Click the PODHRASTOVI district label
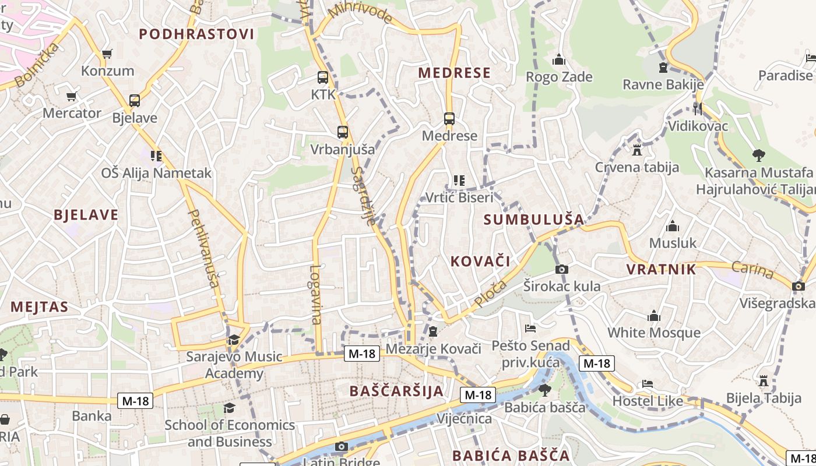coord(197,34)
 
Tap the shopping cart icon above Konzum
coord(107,54)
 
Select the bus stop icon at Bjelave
coord(135,101)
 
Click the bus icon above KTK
coord(323,77)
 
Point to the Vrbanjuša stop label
coord(342,149)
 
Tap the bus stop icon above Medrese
coord(449,119)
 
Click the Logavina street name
coord(316,294)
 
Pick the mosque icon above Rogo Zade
coord(559,59)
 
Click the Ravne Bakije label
coord(663,85)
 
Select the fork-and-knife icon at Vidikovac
coord(698,108)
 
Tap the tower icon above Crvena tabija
coord(637,150)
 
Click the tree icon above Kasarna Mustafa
coord(758,155)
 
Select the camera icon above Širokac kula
coord(562,269)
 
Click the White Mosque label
coord(654,333)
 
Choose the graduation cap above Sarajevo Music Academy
coord(234,340)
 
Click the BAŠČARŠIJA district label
coord(397,391)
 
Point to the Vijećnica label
coord(465,419)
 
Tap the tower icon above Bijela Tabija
coord(764,381)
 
